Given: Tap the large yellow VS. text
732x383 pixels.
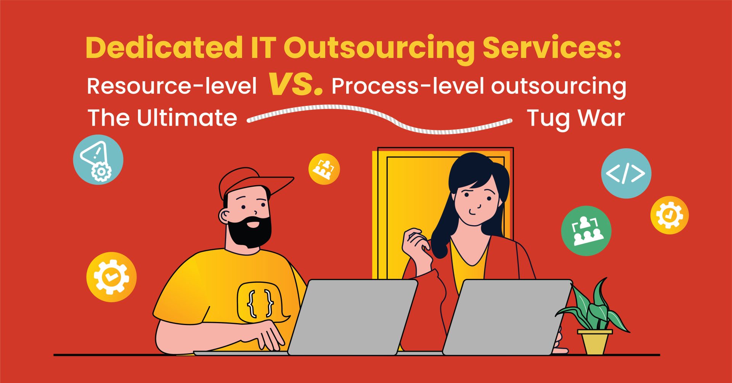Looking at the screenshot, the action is click(296, 83).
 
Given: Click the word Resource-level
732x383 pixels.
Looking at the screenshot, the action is click(172, 86).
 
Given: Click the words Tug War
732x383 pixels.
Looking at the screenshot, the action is click(576, 118).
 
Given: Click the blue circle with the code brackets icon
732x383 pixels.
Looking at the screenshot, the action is click(626, 173).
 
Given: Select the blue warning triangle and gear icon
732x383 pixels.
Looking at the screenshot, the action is click(98, 160).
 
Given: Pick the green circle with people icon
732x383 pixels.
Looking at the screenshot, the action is click(586, 231).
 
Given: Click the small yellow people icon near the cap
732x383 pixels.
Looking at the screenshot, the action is click(324, 169).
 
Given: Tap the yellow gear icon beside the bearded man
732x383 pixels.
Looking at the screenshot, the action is click(111, 277).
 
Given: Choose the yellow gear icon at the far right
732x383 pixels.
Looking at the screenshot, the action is click(669, 215).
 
